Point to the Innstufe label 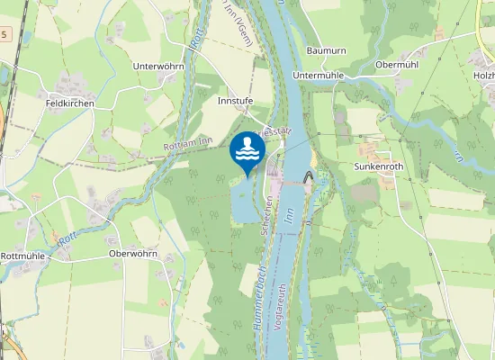tap(236, 102)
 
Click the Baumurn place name tap(326, 51)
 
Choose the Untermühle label tap(319, 76)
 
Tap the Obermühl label tap(399, 64)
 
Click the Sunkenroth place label tap(376, 166)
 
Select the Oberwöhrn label tap(132, 254)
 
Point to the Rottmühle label tap(24, 255)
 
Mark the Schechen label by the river tap(265, 216)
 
